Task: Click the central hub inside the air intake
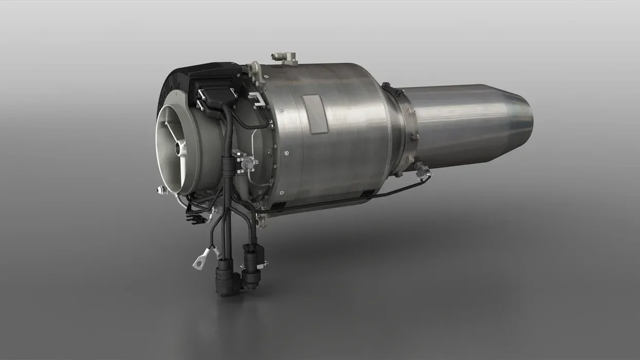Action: (180, 150)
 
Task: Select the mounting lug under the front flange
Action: (261, 221)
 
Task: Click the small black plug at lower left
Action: (197, 219)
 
